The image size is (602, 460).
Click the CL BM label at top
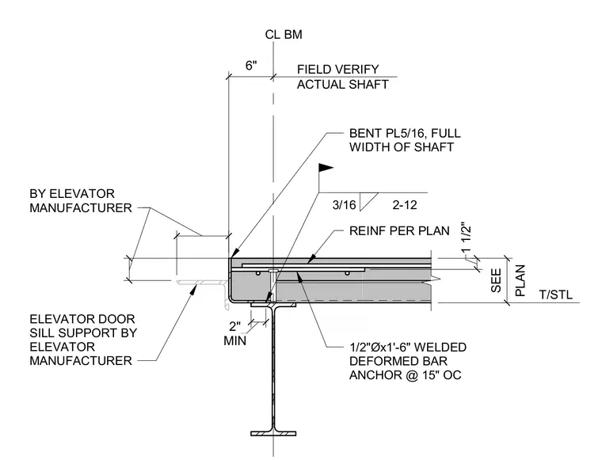pyautogui.click(x=284, y=35)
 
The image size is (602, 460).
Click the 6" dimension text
pyautogui.click(x=251, y=66)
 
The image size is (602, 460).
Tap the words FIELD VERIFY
pyautogui.click(x=338, y=70)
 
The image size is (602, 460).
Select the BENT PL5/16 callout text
pyautogui.click(x=405, y=140)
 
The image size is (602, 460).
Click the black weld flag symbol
pyautogui.click(x=326, y=168)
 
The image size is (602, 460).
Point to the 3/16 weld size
pyautogui.click(x=344, y=205)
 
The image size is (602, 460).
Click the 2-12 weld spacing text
pyautogui.click(x=405, y=205)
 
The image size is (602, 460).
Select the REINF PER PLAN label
pyautogui.click(x=399, y=231)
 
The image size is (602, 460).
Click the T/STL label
pyautogui.click(x=555, y=295)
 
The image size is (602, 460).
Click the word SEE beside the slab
pyautogui.click(x=497, y=280)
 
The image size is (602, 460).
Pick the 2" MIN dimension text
pyautogui.click(x=235, y=333)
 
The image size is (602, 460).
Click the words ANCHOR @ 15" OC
pyautogui.click(x=405, y=374)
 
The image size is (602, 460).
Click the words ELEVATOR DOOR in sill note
pyautogui.click(x=82, y=319)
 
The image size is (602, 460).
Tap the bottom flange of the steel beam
pyautogui.click(x=273, y=434)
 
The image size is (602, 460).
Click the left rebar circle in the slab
pyautogui.click(x=258, y=273)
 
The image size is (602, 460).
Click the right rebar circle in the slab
pyautogui.click(x=347, y=273)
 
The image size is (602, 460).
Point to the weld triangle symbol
pyautogui.click(x=367, y=201)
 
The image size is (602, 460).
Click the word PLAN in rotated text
pyautogui.click(x=520, y=280)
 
